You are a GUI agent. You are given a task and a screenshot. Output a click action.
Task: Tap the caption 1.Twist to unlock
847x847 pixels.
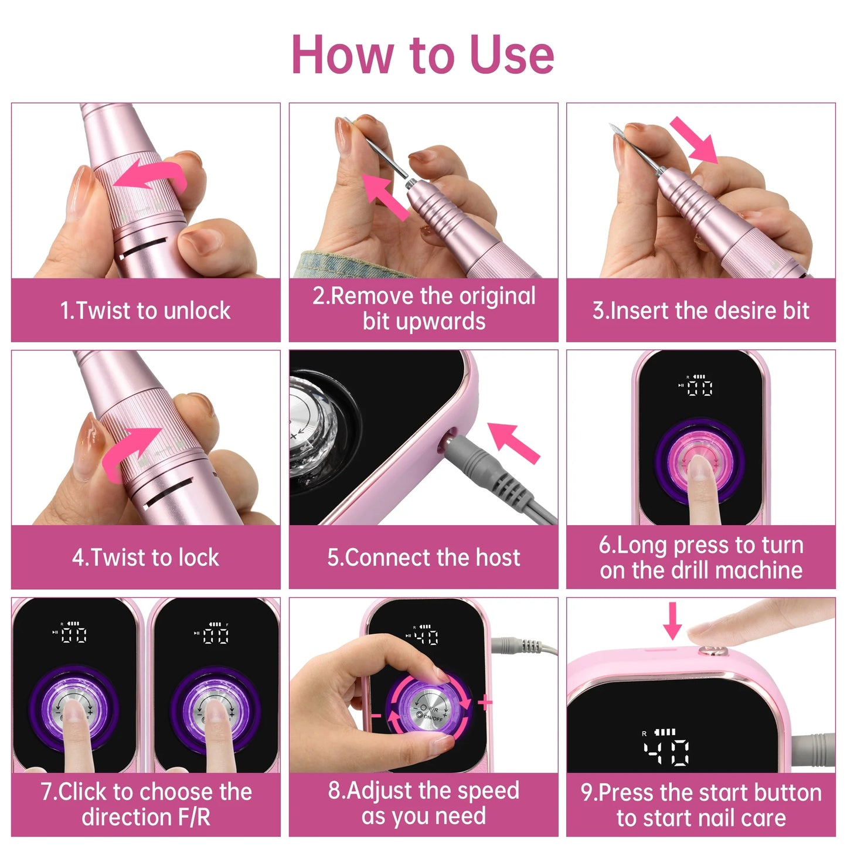[145, 310]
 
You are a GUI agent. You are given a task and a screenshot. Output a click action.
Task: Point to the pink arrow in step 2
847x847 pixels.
[384, 196]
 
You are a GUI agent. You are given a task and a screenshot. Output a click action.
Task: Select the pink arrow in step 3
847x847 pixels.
[695, 141]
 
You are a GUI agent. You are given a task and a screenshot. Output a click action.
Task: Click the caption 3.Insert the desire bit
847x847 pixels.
[700, 310]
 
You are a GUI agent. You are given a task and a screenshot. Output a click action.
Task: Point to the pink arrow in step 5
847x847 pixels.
[513, 443]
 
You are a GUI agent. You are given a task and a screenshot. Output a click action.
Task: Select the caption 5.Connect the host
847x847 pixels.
[423, 557]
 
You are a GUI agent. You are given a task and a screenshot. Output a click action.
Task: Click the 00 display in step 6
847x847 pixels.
[700, 387]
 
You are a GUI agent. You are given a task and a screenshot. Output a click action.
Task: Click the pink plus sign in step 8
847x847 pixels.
[485, 702]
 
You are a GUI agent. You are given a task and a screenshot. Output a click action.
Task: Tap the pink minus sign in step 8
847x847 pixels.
[376, 716]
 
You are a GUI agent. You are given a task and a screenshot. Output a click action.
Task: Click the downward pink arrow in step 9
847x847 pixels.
[672, 621]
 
